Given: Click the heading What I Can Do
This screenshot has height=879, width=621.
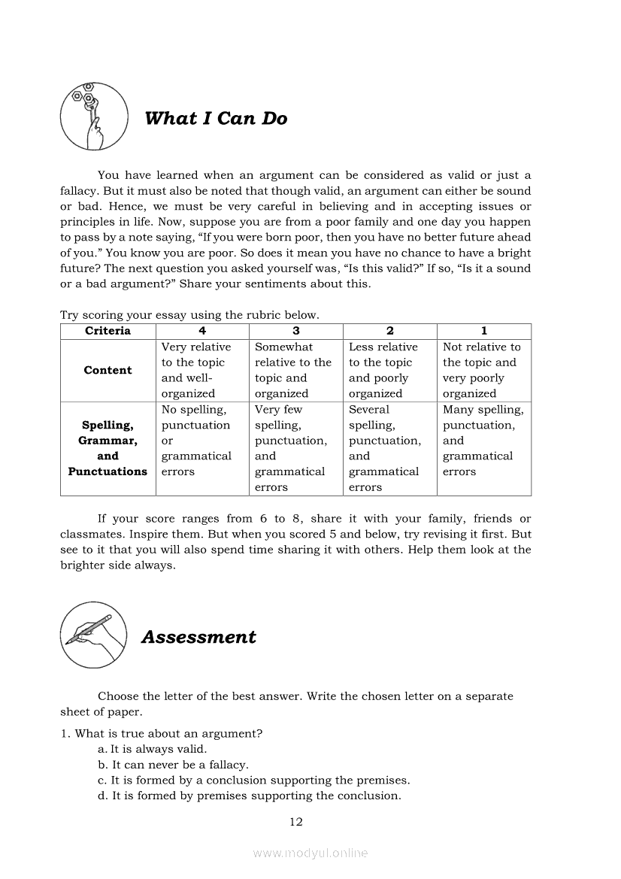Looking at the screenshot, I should (x=215, y=119).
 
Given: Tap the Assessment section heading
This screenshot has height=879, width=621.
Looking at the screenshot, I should (x=198, y=638).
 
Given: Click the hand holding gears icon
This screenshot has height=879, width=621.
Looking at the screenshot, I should (x=91, y=117).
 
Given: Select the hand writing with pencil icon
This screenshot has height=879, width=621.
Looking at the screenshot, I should (x=92, y=635).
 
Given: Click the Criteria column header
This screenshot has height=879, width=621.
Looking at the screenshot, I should (x=108, y=331).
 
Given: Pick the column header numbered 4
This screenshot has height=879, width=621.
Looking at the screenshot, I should (x=201, y=331).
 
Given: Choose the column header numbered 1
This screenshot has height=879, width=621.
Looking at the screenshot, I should (x=483, y=331).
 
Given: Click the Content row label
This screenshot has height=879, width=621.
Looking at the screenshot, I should (x=108, y=370).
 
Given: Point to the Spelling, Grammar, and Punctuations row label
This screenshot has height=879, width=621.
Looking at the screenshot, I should (x=108, y=448).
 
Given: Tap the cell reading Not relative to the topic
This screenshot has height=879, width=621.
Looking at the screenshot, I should (x=483, y=370).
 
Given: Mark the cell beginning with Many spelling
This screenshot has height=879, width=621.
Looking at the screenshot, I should (x=483, y=441).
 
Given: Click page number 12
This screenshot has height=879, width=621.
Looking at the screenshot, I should (x=295, y=822).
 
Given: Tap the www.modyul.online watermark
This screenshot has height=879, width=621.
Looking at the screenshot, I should (x=310, y=853).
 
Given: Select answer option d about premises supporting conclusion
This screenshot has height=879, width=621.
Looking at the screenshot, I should (x=249, y=796).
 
